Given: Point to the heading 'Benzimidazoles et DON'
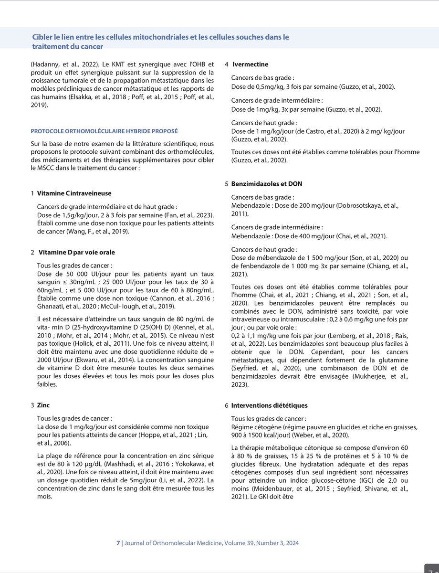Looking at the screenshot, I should click(266, 184).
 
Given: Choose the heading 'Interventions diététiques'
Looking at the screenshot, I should click(269, 405).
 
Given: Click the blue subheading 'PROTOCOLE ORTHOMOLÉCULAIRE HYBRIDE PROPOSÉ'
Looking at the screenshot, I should click(105, 130).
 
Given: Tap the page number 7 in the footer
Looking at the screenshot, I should click(118, 543).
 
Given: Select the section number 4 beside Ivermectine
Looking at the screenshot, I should click(227, 64).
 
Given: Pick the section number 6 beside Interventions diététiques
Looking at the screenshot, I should click(227, 405).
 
